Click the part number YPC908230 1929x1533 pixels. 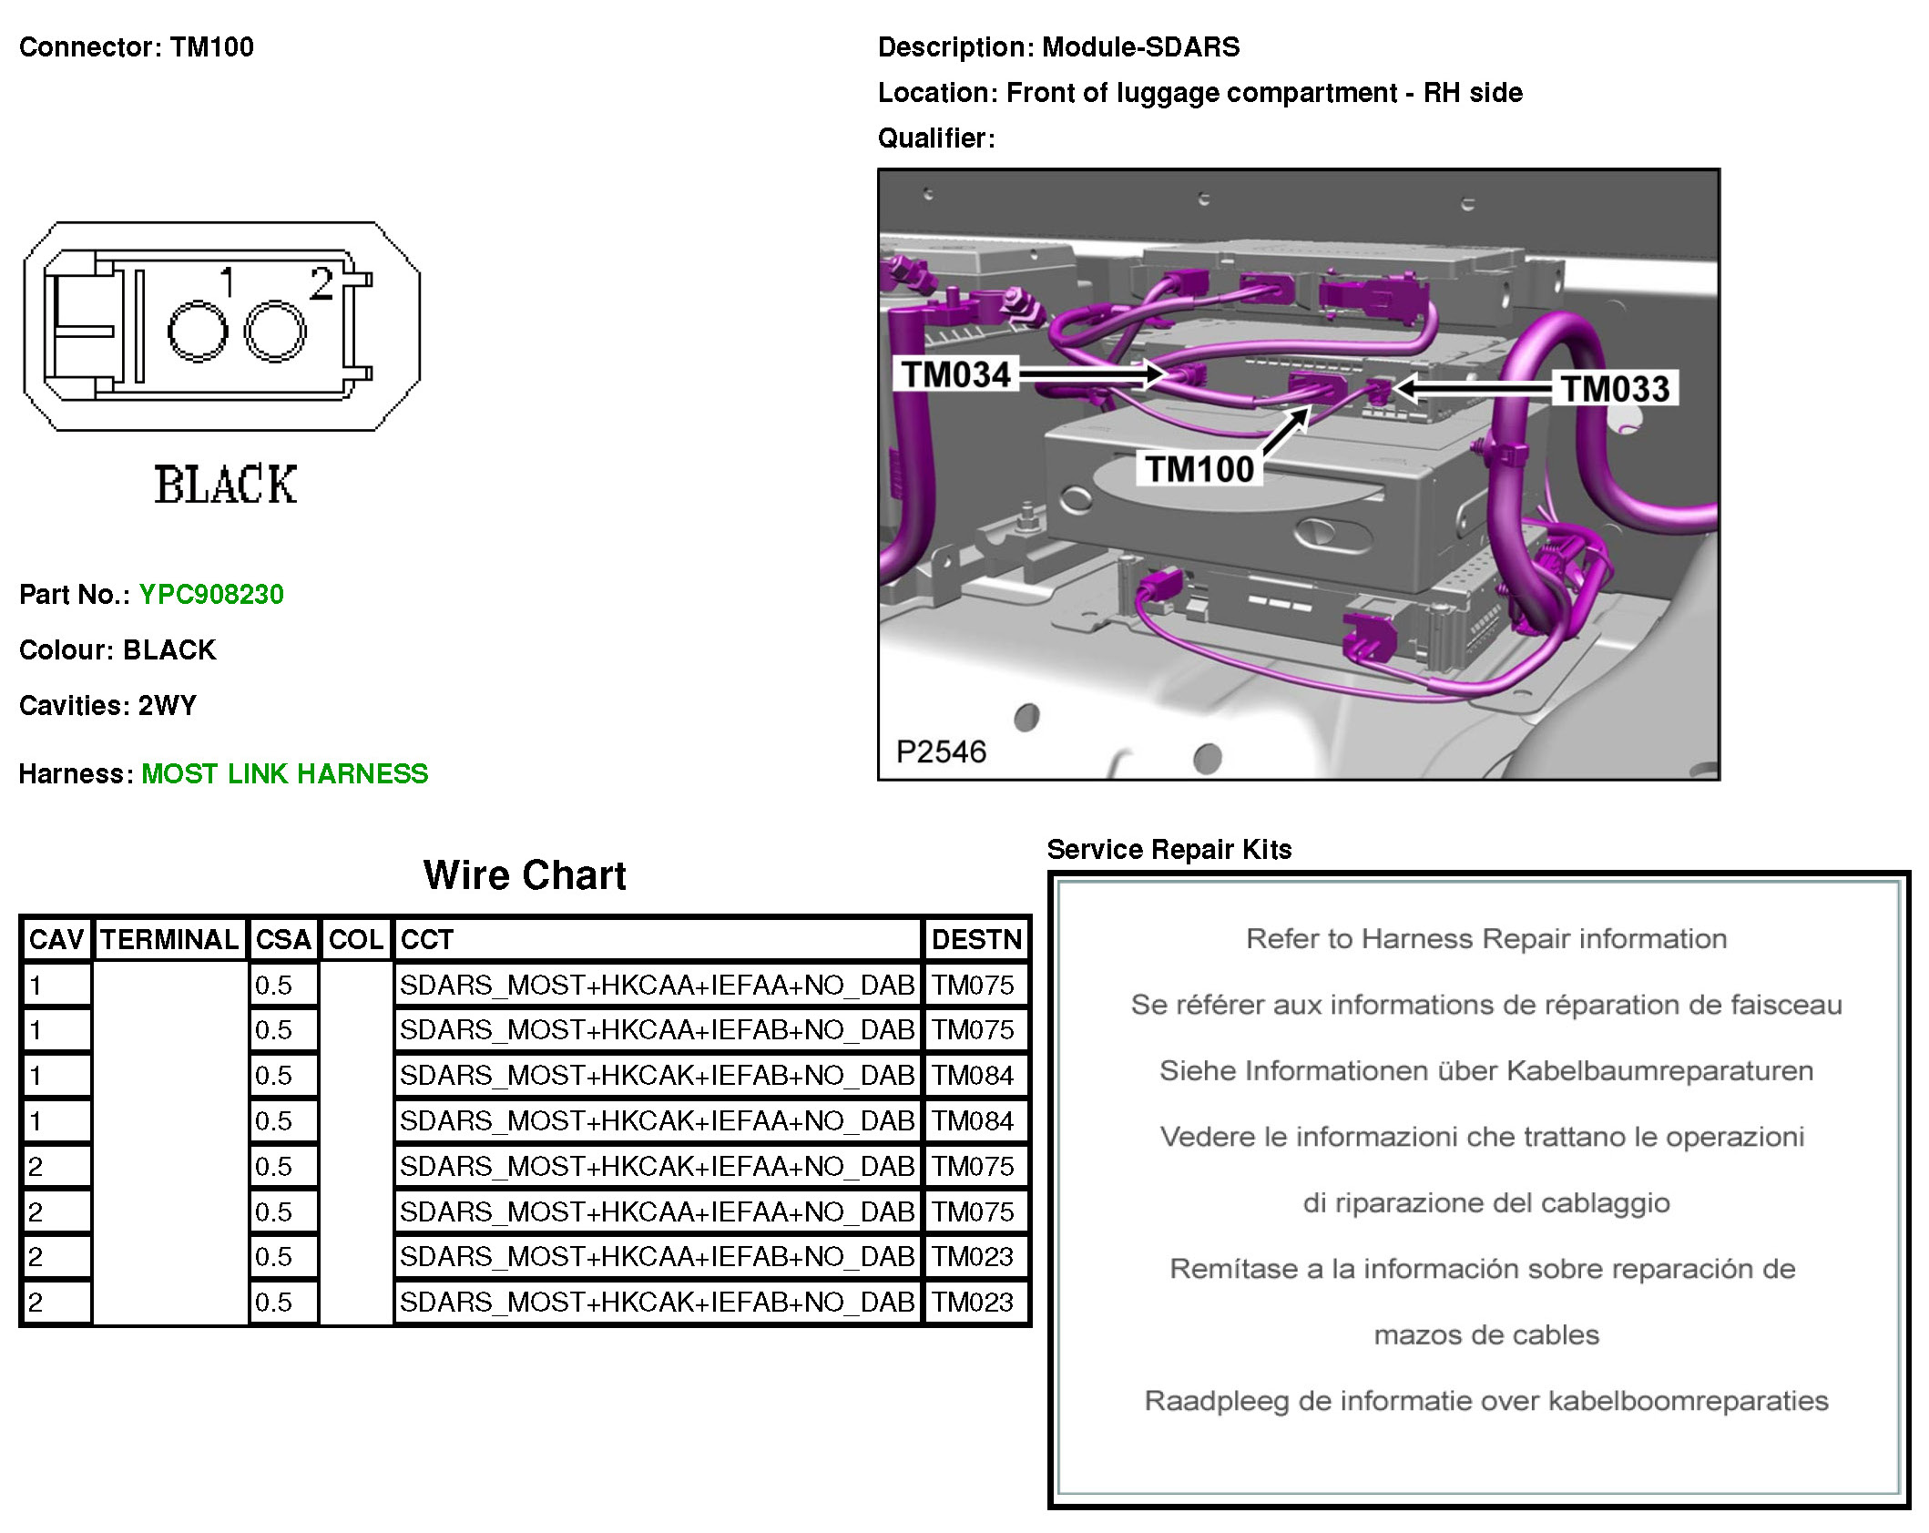[x=211, y=595]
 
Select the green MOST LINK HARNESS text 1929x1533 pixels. [x=284, y=774]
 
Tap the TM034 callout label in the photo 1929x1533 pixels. [x=955, y=374]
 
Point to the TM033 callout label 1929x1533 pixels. [x=1616, y=389]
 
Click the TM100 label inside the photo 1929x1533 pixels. [x=1199, y=469]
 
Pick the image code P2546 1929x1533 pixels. [x=941, y=751]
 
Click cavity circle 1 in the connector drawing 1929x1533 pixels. [x=197, y=332]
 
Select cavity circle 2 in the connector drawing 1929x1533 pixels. [x=275, y=332]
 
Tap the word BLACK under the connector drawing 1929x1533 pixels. [x=225, y=485]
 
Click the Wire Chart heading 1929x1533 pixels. [x=525, y=875]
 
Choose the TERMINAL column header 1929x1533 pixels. [x=169, y=939]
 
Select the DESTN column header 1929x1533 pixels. [x=976, y=939]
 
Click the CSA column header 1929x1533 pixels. [x=283, y=939]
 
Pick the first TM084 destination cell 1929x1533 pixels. [x=973, y=1076]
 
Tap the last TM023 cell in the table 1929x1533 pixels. [x=973, y=1303]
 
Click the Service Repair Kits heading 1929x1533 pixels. [x=1169, y=850]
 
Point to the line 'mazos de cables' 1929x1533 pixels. [x=1485, y=1335]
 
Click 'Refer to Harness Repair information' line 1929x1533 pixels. [x=1485, y=939]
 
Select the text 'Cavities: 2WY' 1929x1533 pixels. [x=107, y=706]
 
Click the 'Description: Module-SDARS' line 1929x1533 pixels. [x=1058, y=47]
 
